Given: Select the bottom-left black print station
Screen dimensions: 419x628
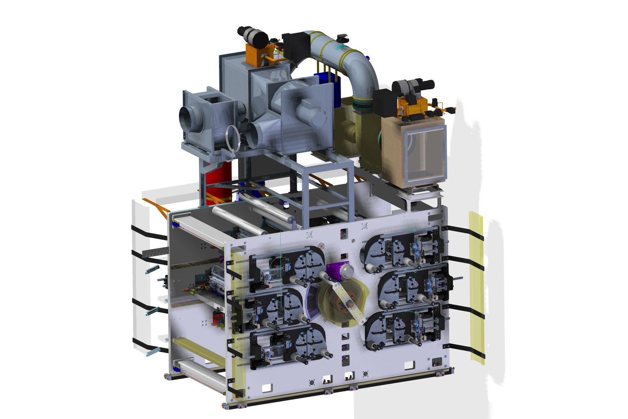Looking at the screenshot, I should [x=288, y=347].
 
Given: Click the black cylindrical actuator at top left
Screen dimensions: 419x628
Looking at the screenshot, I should [x=253, y=36].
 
